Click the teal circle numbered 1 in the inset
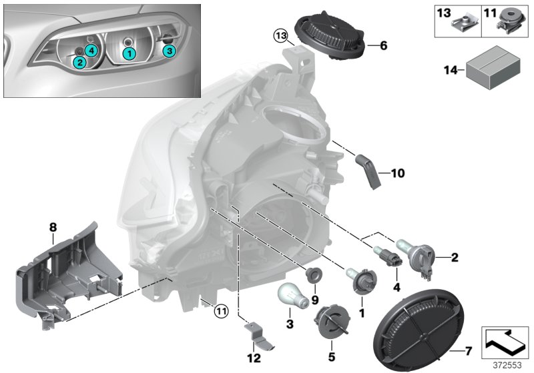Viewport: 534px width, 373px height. [x=129, y=51]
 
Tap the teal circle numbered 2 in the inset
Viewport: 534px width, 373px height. [x=79, y=63]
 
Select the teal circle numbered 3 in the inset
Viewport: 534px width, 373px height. [x=169, y=50]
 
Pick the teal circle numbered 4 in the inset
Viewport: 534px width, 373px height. [x=90, y=51]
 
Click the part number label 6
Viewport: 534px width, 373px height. [x=382, y=46]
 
